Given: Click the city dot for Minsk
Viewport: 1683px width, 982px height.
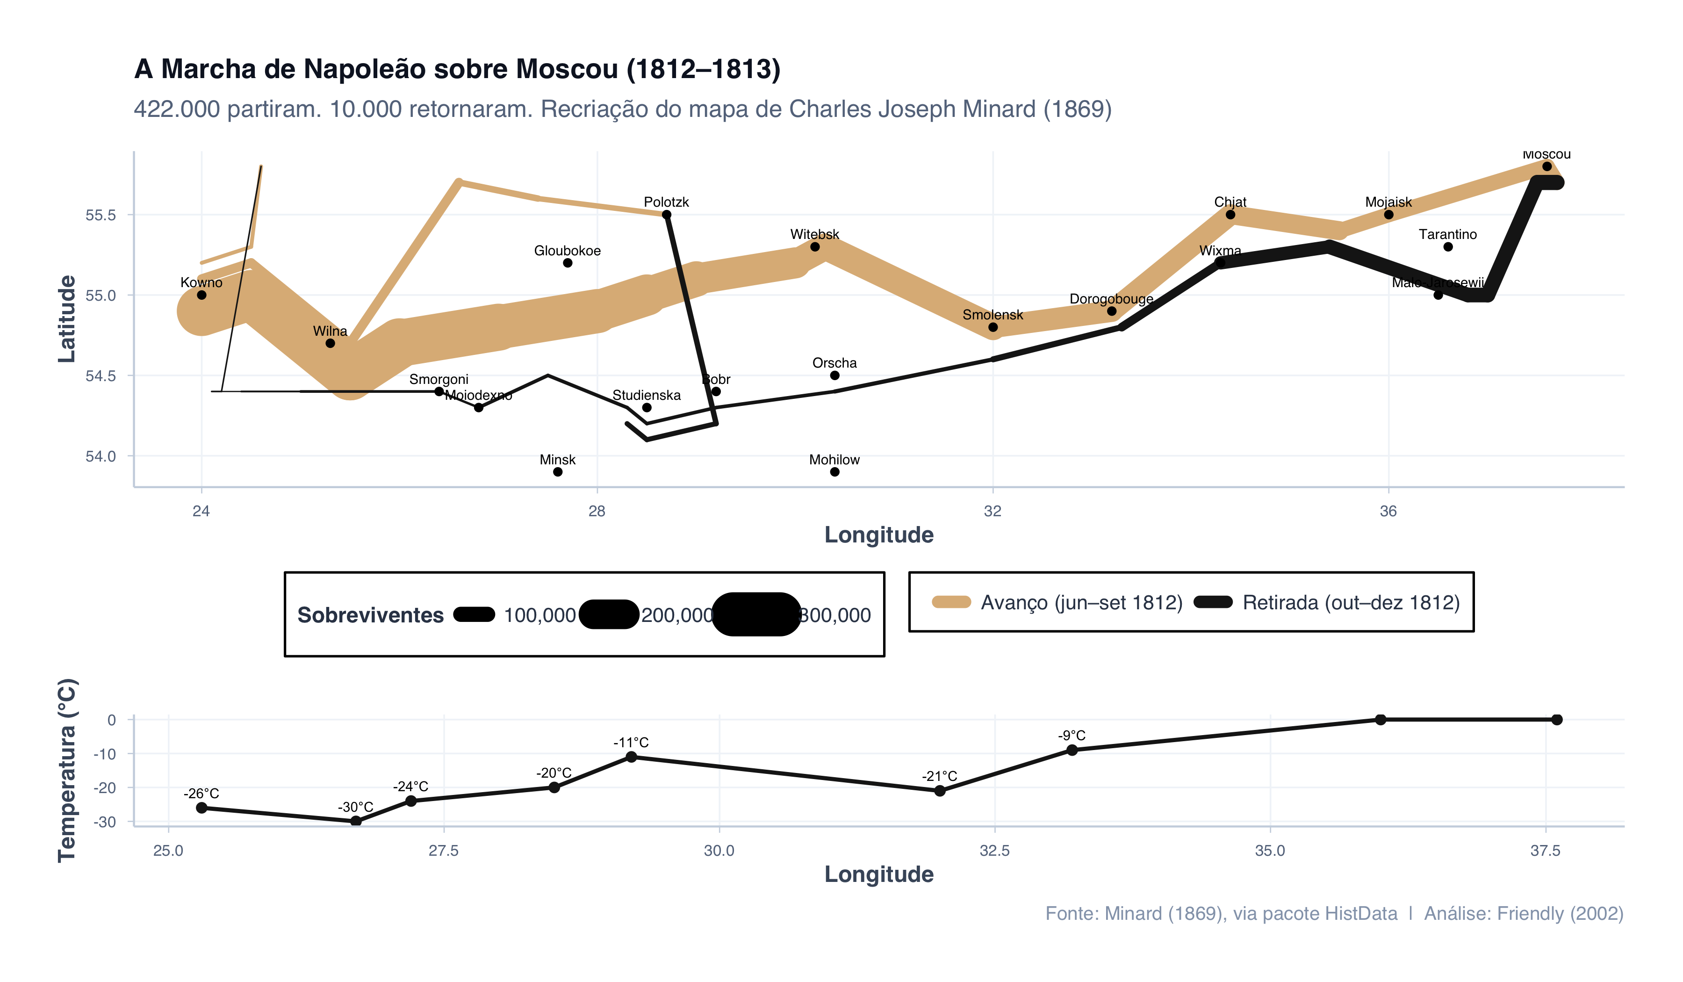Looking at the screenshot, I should [558, 472].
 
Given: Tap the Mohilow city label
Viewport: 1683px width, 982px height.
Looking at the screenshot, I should [834, 460].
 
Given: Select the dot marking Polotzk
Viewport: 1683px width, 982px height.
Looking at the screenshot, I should [667, 215].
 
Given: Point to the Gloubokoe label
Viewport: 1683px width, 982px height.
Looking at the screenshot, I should [567, 251].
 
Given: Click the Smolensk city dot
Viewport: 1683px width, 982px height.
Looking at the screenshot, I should [993, 327].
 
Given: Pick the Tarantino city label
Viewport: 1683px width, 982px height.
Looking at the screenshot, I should [1447, 234].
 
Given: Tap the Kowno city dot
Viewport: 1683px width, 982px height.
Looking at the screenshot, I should [201, 295].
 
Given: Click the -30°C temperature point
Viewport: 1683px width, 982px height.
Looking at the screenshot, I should [356, 821].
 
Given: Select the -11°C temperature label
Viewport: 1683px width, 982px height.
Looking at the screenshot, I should [631, 742].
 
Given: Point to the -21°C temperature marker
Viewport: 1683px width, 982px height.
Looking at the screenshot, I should [940, 791].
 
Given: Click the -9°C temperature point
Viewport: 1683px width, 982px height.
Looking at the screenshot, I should [1072, 750].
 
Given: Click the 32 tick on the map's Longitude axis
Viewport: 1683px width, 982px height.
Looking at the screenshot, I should [993, 512].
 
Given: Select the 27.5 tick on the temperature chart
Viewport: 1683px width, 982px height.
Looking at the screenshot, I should [444, 851].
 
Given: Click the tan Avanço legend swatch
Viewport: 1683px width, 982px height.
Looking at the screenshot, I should [951, 603].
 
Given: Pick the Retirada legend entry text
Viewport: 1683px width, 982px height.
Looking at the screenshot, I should [1351, 603].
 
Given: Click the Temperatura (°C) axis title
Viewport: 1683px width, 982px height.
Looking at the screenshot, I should [67, 771].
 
